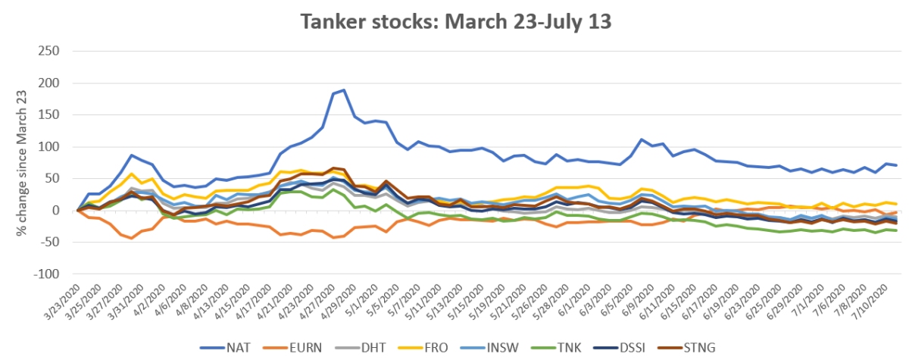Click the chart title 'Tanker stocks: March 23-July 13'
(x=454, y=21)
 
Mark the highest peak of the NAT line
(x=344, y=90)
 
